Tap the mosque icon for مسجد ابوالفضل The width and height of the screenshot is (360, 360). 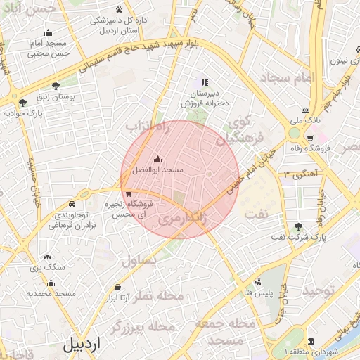[157, 158]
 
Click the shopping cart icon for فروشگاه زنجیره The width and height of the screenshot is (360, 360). [128, 193]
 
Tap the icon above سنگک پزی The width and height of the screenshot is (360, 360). [48, 257]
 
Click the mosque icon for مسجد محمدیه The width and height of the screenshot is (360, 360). [51, 283]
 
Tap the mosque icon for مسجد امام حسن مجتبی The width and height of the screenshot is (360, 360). [48, 32]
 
